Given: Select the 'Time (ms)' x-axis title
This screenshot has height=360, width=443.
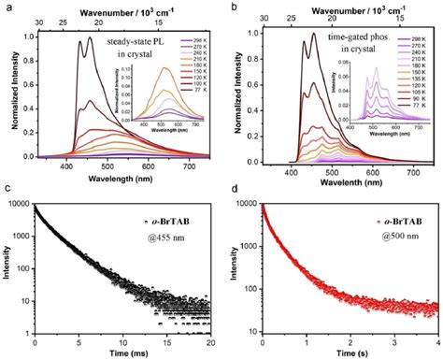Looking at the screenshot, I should tap(121, 353).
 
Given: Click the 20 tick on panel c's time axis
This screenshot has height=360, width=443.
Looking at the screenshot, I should tap(213, 340).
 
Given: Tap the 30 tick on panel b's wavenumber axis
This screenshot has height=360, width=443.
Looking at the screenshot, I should tap(264, 18).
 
